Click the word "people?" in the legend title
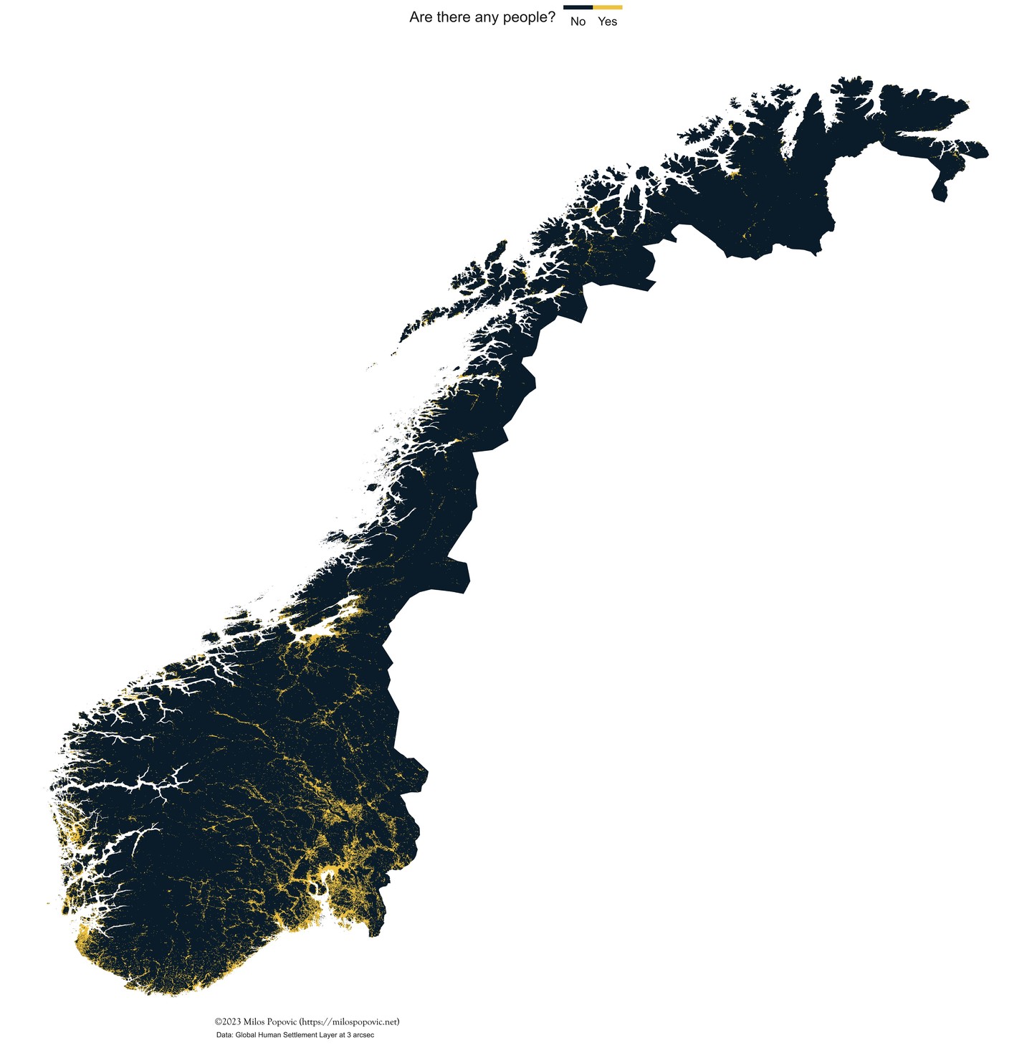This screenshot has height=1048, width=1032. (529, 18)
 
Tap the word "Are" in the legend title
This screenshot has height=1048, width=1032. (421, 18)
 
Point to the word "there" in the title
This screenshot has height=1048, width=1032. (454, 18)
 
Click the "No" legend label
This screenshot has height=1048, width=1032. (578, 22)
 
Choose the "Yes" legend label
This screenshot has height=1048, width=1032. (607, 22)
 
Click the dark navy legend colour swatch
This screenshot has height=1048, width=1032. (578, 7)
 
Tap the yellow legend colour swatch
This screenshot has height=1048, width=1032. (608, 7)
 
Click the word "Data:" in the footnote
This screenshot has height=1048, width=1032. (224, 1035)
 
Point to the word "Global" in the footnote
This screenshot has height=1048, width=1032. (246, 1035)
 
